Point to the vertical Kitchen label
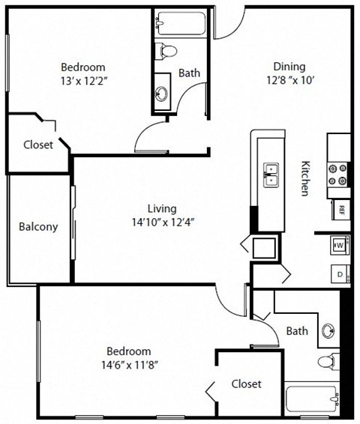point(306,178)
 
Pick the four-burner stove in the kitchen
point(338,175)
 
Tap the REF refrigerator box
point(340,209)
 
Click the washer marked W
point(339,245)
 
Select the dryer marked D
point(339,275)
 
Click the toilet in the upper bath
point(166,52)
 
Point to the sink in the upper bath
point(163,94)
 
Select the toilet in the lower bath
point(327,363)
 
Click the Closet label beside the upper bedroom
point(38,145)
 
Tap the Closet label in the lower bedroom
point(246,384)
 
